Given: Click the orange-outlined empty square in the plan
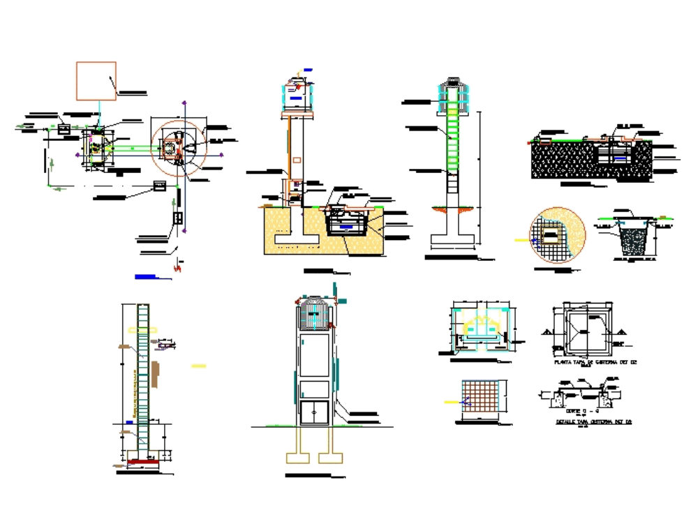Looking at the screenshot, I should [96, 81].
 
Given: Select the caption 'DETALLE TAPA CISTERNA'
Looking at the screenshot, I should [593, 422].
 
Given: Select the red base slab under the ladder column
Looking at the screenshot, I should [143, 461].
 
